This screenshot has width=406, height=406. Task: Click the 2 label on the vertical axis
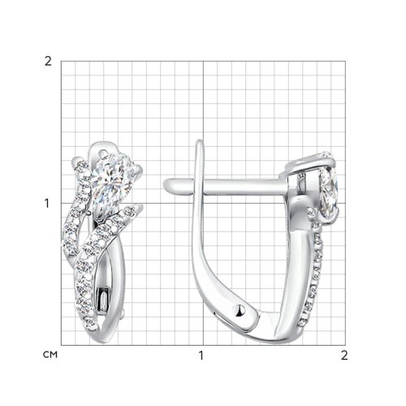pyautogui.click(x=48, y=62)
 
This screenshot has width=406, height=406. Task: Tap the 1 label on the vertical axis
pyautogui.click(x=47, y=203)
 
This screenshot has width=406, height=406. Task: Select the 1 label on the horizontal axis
pyautogui.click(x=201, y=356)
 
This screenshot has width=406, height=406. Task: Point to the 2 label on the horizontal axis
pyautogui.click(x=344, y=356)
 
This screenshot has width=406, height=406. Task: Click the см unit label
pyautogui.click(x=50, y=355)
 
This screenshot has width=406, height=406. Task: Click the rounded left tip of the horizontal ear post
pyautogui.click(x=165, y=184)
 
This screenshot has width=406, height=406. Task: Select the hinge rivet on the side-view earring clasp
pyautogui.click(x=240, y=310)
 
